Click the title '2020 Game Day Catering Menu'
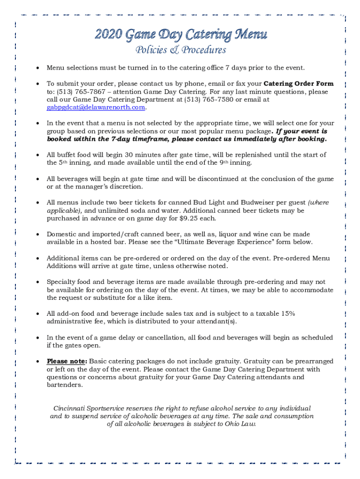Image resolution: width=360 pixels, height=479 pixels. [x=181, y=35]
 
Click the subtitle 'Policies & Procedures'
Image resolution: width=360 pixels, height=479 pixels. [x=180, y=50]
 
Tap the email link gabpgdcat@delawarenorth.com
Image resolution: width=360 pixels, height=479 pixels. [x=96, y=108]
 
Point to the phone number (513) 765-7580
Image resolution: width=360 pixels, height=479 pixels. [x=214, y=100]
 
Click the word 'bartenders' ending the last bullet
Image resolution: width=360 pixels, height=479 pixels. [x=64, y=385]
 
